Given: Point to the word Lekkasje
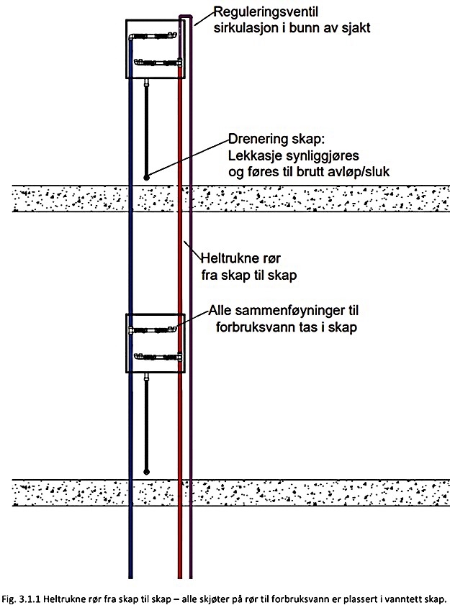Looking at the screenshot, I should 257,155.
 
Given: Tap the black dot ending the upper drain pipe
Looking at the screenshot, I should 146,177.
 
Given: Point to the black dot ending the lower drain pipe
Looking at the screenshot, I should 146,472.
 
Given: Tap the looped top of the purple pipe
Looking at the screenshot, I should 186,16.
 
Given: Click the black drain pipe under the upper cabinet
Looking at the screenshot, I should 146,129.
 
